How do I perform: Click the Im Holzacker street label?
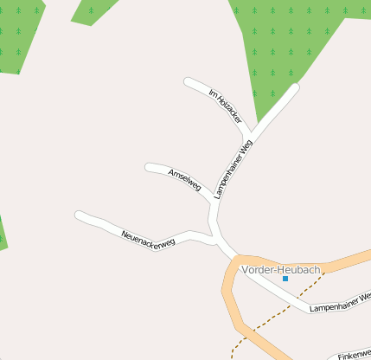point(226,106)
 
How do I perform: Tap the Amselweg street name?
point(185,180)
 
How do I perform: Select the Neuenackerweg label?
point(148,236)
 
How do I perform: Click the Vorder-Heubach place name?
point(281,269)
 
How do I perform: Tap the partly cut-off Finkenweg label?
point(355,355)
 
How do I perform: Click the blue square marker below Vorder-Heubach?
point(285,279)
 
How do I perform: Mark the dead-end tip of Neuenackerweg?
point(79,215)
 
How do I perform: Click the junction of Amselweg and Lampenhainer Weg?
point(213,204)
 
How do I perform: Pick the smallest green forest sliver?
point(3,234)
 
